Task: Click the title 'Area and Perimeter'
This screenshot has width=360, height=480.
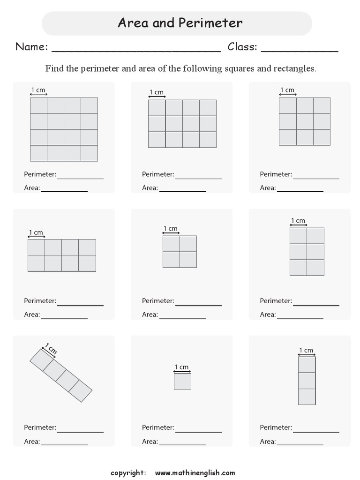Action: pyautogui.click(x=180, y=22)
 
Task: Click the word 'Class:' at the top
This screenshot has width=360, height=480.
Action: pyautogui.click(x=242, y=46)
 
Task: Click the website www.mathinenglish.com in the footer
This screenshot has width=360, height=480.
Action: pyautogui.click(x=195, y=472)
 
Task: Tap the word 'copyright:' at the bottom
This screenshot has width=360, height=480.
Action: pyautogui.click(x=128, y=472)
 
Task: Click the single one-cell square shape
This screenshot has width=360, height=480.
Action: pyautogui.click(x=182, y=381)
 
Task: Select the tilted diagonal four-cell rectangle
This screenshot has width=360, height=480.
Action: pyautogui.click(x=61, y=375)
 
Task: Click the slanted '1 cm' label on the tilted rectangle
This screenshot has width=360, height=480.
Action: pyautogui.click(x=51, y=349)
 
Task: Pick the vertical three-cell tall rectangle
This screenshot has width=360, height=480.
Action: pyautogui.click(x=307, y=381)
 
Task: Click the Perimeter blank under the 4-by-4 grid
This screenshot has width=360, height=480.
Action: pyautogui.click(x=80, y=178)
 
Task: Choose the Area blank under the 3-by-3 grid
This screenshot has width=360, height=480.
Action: pyautogui.click(x=300, y=191)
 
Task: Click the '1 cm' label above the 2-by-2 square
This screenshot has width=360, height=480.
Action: pyautogui.click(x=171, y=229)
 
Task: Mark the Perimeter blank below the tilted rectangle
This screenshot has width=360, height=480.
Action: pyautogui.click(x=80, y=432)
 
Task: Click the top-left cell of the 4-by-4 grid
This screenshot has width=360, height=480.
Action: pyautogui.click(x=38, y=105)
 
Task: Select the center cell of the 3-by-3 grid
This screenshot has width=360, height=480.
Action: pyautogui.click(x=305, y=121)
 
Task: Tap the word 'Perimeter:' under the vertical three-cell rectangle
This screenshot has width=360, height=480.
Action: pyautogui.click(x=276, y=427)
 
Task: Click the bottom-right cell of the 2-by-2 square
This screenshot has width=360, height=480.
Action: pyautogui.click(x=188, y=259)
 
